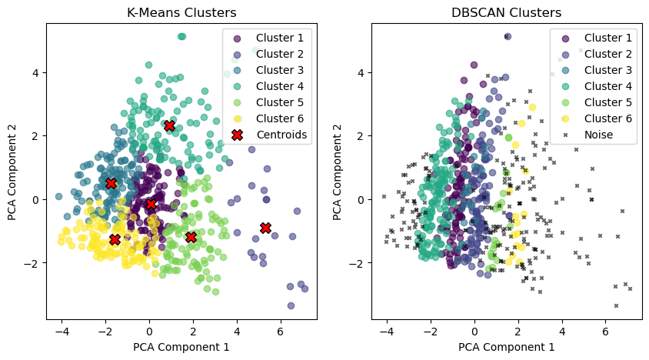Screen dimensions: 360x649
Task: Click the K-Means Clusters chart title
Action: (x=181, y=13)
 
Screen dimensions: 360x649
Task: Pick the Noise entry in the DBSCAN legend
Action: (x=598, y=135)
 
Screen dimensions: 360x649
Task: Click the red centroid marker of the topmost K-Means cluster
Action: (x=170, y=125)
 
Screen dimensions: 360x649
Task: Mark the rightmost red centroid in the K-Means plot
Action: (x=265, y=228)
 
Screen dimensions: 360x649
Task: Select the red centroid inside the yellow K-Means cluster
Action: (x=115, y=239)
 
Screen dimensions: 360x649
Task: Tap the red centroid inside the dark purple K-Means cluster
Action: (x=151, y=204)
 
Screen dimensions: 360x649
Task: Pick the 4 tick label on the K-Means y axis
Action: (x=36, y=72)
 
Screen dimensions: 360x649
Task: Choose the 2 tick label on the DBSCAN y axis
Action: (x=361, y=136)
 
